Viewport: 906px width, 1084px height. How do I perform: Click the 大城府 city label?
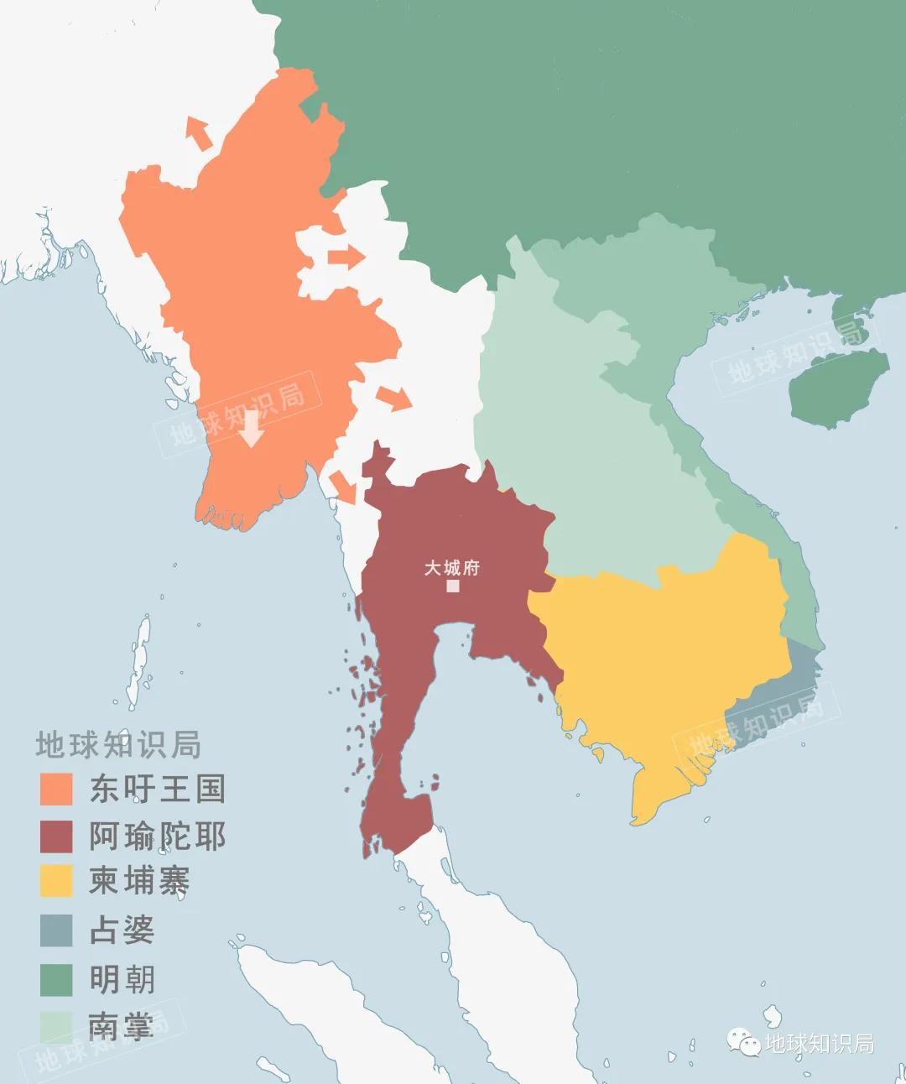[451, 568]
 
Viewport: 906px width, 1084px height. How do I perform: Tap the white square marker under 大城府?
[453, 586]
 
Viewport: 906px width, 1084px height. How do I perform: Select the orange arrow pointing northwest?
[199, 133]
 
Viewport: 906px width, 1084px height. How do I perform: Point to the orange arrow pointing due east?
[345, 258]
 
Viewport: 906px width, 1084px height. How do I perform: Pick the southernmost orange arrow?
[342, 487]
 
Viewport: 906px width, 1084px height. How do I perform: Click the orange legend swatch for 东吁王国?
[56, 789]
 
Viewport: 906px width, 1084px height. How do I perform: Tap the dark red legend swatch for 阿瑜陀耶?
[56, 836]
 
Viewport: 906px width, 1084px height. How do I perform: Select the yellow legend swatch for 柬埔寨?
[56, 881]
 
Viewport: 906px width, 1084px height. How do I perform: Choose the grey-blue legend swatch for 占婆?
[56, 930]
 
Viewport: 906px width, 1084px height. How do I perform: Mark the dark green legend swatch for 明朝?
[56, 979]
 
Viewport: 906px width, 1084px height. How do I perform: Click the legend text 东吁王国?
[158, 789]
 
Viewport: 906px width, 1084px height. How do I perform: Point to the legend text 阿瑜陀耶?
[158, 836]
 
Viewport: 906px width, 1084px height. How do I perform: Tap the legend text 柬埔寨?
[139, 881]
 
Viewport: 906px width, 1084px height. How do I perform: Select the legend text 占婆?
[122, 930]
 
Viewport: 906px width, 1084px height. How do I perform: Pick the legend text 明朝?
[122, 979]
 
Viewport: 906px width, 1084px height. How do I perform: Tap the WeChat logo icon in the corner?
[743, 1042]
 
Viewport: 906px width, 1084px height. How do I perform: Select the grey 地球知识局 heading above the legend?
[118, 744]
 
